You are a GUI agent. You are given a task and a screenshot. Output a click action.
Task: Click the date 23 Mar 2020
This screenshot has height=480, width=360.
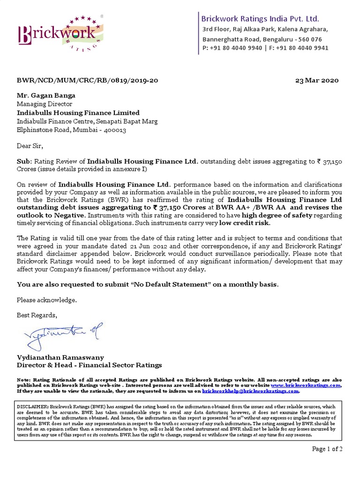pos(316,80)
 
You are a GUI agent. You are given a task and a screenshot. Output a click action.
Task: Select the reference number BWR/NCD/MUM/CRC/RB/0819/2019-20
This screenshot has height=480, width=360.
pos(87,80)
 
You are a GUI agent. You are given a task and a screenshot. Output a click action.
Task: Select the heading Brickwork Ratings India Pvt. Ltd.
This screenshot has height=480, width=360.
pos(260,19)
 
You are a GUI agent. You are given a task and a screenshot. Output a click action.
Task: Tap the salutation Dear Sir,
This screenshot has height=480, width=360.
pos(30,146)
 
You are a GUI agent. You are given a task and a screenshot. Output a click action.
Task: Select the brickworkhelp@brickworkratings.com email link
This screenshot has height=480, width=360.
pos(250,390)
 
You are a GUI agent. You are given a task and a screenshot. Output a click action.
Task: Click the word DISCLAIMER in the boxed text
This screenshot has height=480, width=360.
pos(33,406)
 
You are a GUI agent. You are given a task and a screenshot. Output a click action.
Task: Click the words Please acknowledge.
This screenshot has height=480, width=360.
pos(46,300)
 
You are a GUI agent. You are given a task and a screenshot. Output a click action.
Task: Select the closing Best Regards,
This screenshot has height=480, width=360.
pos(37,315)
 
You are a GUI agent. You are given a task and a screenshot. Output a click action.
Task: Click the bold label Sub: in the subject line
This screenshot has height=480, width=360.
pos(24,161)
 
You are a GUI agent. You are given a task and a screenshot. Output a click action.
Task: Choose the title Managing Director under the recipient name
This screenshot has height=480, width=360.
pos(45,104)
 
